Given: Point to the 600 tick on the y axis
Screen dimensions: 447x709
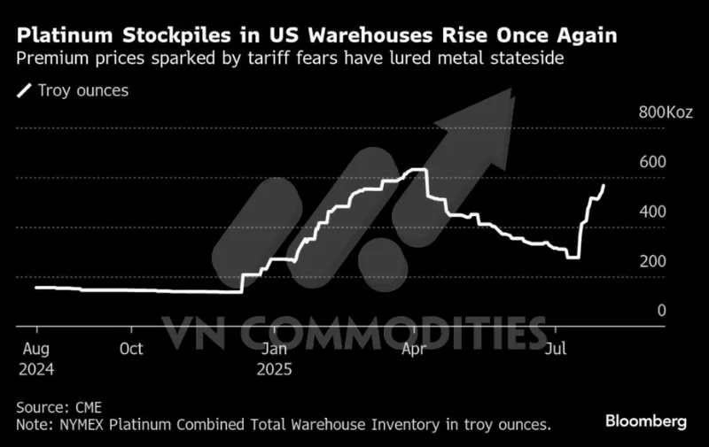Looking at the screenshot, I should click(651, 162).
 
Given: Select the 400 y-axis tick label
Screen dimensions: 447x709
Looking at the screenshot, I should click(651, 212).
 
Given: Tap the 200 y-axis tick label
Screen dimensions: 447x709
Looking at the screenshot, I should click(651, 261).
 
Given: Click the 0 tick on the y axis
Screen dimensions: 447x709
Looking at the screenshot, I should click(661, 310).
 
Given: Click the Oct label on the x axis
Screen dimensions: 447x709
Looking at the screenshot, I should click(131, 348).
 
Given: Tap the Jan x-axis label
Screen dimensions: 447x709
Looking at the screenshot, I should click(275, 348).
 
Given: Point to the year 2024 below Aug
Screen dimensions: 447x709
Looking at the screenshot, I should click(35, 367).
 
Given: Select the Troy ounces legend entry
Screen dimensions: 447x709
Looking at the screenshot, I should click(76, 90).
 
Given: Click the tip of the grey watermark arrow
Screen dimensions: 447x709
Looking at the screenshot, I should click(511, 89).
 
